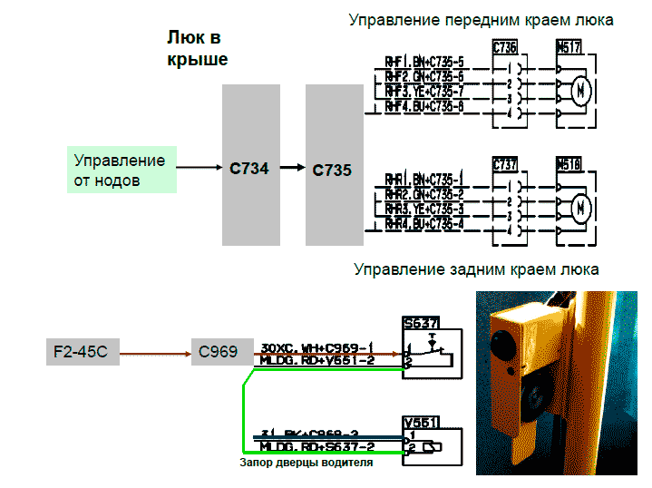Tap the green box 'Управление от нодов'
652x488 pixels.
[120, 171]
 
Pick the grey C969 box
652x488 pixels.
[216, 350]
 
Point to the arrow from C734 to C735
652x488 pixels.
[292, 167]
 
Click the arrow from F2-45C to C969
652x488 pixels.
[150, 350]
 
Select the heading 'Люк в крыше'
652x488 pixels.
[196, 48]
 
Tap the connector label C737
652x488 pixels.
[505, 164]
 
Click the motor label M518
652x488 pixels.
[569, 164]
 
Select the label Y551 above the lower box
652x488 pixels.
[421, 422]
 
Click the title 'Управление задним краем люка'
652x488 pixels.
[476, 269]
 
